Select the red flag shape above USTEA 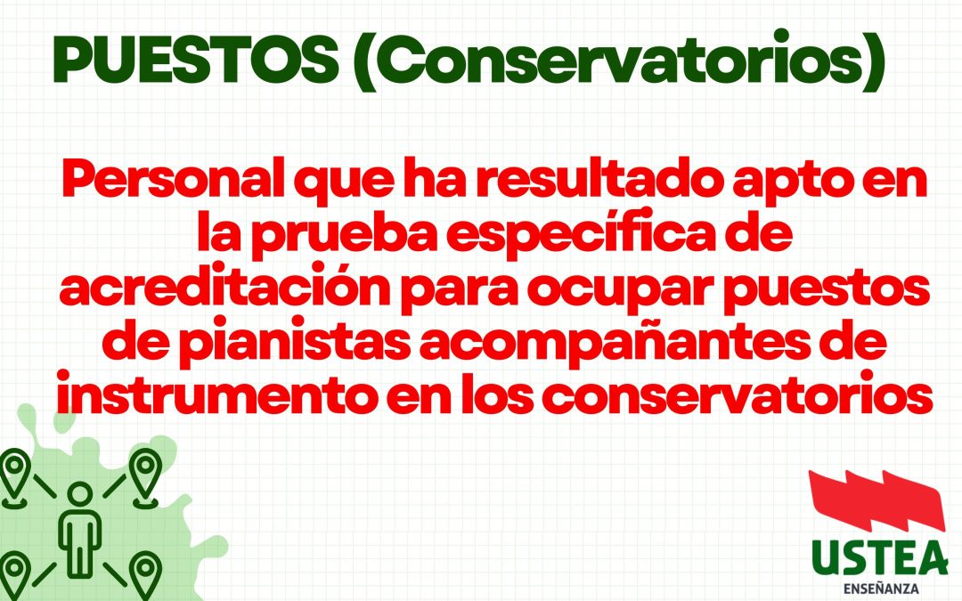click(x=877, y=505)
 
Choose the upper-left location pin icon click(x=13, y=474)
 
